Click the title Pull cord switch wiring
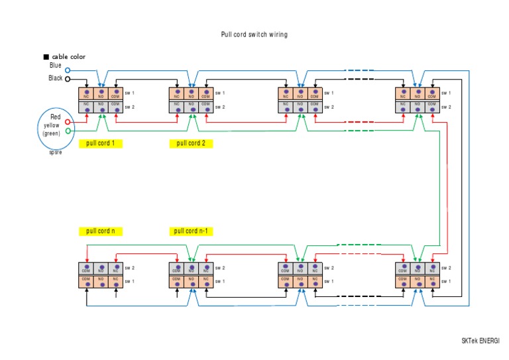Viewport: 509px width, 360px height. tap(254, 34)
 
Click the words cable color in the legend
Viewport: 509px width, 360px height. tap(68, 57)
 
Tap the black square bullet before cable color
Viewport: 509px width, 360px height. tap(46, 57)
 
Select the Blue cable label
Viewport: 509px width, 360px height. tap(56, 66)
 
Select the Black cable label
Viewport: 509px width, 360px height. tap(56, 78)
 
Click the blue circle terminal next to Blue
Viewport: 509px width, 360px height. tap(68, 70)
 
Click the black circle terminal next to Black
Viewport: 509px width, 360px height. tap(68, 79)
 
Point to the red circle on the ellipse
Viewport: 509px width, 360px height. tap(68, 122)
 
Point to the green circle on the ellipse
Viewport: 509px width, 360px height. tap(68, 131)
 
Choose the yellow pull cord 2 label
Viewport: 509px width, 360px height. tap(191, 143)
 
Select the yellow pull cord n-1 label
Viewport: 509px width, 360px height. tap(193, 231)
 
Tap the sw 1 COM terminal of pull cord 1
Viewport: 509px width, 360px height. tap(115, 93)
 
